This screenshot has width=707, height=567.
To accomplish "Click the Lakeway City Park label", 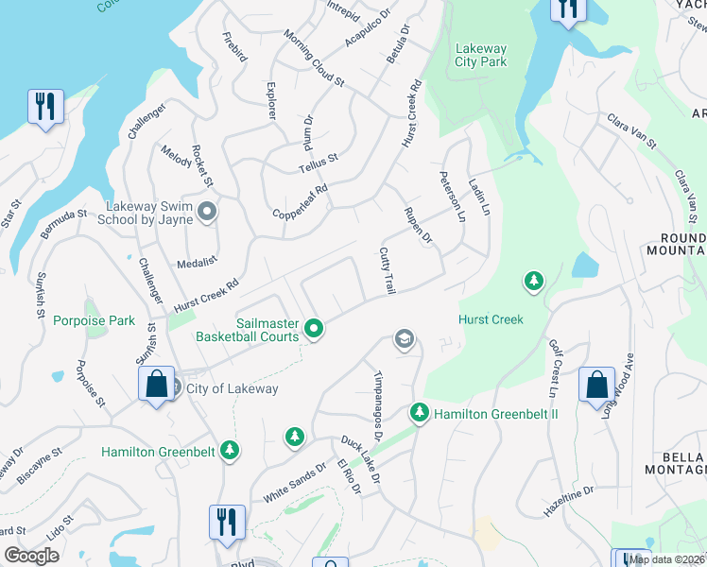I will (481, 55).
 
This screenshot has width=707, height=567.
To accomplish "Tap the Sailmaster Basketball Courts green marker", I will (315, 329).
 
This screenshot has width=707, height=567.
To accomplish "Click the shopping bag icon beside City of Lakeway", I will (156, 386).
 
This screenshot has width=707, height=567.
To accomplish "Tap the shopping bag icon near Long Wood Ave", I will (596, 386).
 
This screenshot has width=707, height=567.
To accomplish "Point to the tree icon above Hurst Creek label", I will (534, 282).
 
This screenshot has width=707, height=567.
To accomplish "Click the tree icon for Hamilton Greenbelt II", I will (419, 412).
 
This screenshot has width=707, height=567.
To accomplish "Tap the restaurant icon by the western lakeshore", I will (45, 107).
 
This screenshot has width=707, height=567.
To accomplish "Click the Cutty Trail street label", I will (386, 270).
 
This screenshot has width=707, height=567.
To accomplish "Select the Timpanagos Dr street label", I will (377, 405).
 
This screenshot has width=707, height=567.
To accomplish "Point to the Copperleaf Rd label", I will (299, 200).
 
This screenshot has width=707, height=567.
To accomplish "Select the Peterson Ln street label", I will (452, 196).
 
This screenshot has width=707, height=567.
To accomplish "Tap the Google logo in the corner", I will (31, 556).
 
